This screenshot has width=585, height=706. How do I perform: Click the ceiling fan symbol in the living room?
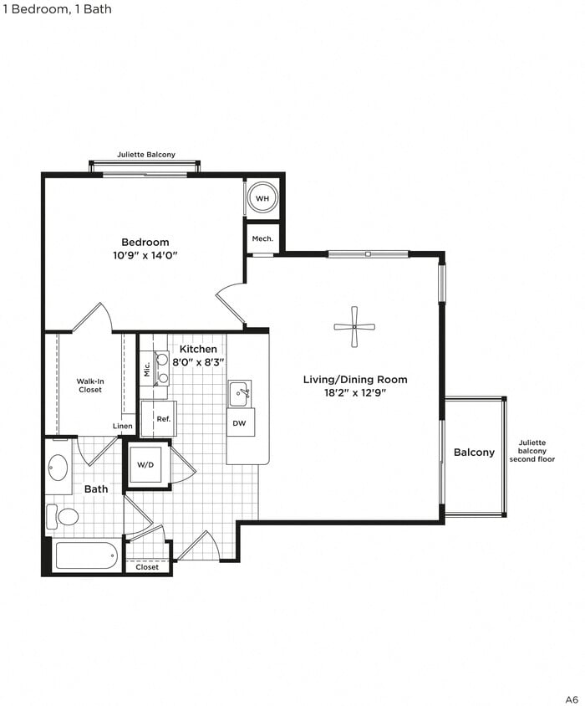(354, 326)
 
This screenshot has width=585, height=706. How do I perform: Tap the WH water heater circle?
(262, 198)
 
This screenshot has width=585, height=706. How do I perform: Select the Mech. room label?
(262, 238)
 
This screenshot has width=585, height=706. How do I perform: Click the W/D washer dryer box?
(147, 464)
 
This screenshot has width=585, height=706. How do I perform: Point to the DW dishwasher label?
(240, 423)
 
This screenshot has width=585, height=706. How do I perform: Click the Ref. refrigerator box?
(162, 418)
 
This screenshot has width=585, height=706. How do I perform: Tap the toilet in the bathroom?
(64, 516)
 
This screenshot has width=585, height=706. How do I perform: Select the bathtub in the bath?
(86, 555)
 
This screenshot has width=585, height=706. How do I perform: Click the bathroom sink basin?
(58, 467)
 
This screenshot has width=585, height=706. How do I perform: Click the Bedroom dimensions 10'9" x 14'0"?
(145, 256)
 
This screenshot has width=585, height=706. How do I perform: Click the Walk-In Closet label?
(90, 386)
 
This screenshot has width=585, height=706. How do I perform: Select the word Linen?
(123, 426)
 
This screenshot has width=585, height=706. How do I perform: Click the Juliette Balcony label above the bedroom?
(146, 155)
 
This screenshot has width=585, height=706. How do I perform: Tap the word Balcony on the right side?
(474, 453)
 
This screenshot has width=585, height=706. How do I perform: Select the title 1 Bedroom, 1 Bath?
(57, 9)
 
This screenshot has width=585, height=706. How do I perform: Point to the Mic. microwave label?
(146, 368)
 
